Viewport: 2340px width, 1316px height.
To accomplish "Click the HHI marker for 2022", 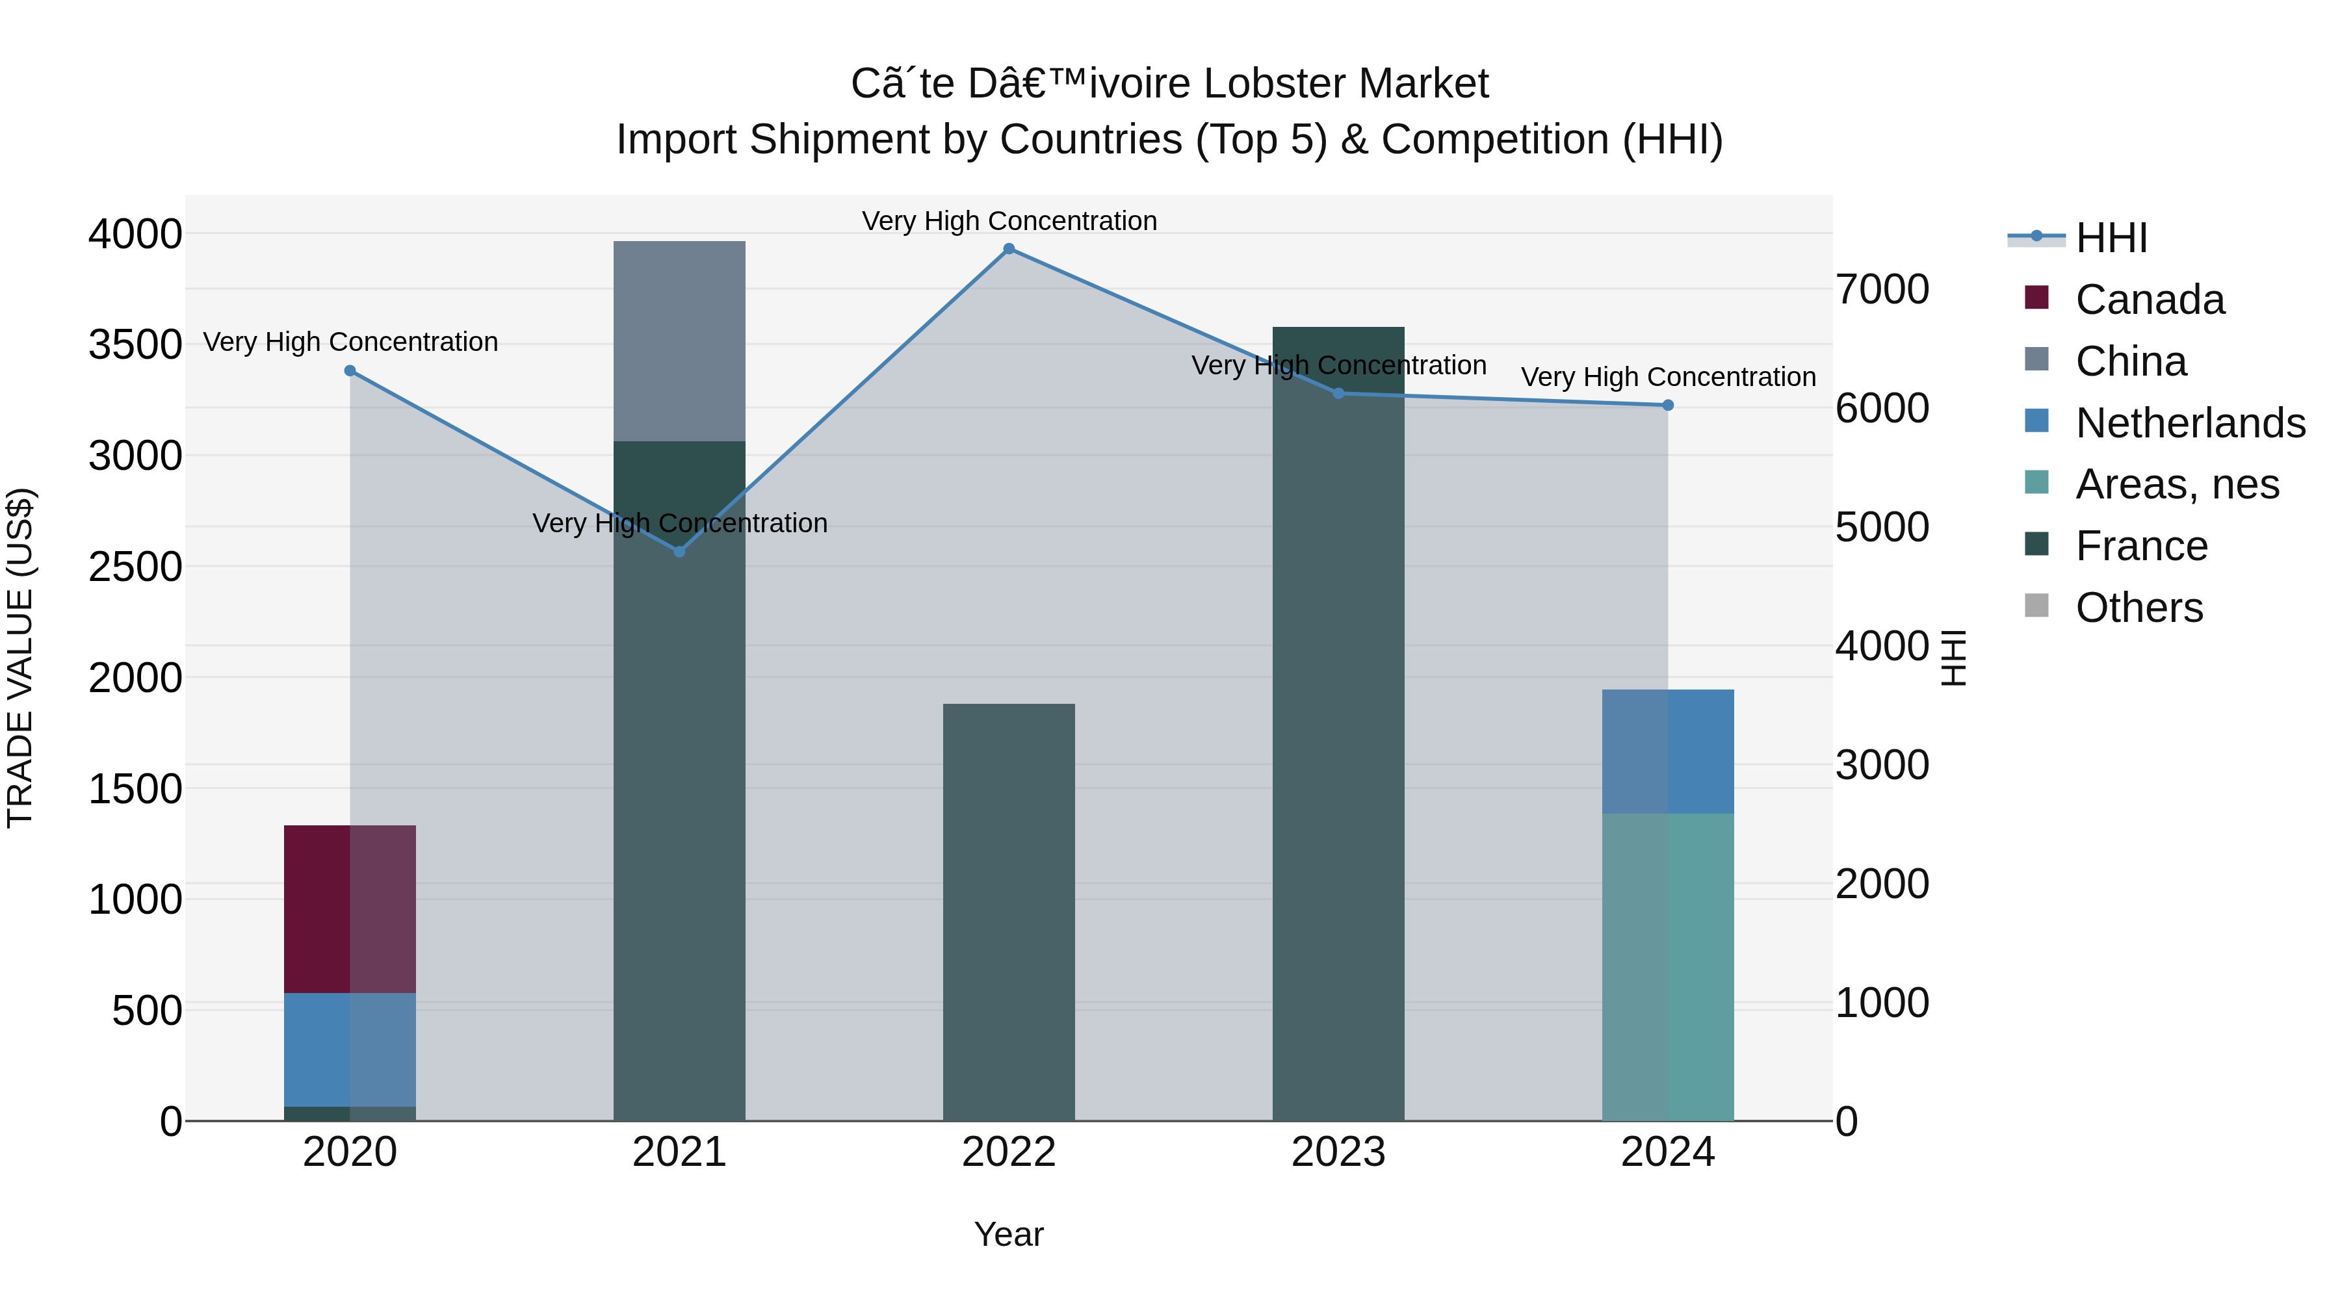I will coord(1008,249).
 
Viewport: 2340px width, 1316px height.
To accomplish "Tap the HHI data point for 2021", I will coord(679,551).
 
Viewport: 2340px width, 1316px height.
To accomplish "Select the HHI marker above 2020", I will coord(350,370).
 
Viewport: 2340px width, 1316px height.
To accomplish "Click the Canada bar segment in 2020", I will coord(350,909).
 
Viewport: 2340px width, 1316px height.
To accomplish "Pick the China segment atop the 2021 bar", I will coord(679,341).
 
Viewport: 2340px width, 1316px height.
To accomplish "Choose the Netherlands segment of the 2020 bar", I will coord(350,1049).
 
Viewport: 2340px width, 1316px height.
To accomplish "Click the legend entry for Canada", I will coord(2150,300).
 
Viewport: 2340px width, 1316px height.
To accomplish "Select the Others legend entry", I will coord(2138,608).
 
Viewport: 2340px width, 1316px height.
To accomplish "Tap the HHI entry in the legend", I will coord(2111,238).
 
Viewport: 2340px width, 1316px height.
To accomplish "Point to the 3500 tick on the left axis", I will coord(135,345).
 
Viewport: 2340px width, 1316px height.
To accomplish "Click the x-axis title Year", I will coord(1008,1234).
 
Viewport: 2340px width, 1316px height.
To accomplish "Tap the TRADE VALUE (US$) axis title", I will coord(20,658).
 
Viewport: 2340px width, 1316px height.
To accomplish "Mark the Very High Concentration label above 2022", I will coord(1008,221).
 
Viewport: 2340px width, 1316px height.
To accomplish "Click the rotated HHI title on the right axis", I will coord(1953,658).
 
